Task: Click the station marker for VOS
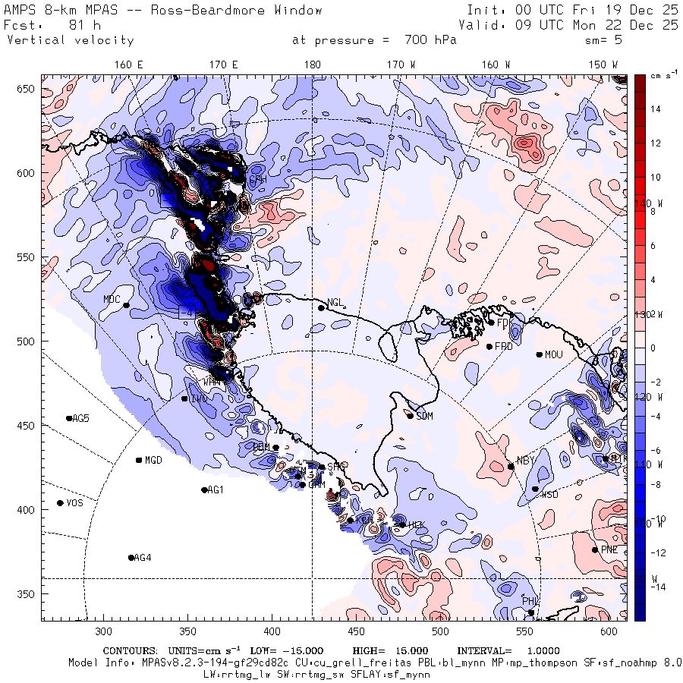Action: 61,503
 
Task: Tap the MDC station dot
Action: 126,305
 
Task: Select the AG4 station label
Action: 143,558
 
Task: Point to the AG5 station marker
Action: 69,418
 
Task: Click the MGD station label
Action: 153,461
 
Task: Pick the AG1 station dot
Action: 204,490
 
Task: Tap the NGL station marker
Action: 321,307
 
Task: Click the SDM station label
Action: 424,417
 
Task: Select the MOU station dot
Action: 539,354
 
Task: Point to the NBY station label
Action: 525,461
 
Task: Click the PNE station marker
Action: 595,550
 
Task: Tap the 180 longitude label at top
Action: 312,65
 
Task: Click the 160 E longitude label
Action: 129,65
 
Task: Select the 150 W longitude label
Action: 603,65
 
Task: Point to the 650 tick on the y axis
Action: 27,90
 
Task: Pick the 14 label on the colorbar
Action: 656,109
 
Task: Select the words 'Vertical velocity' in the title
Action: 70,40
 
